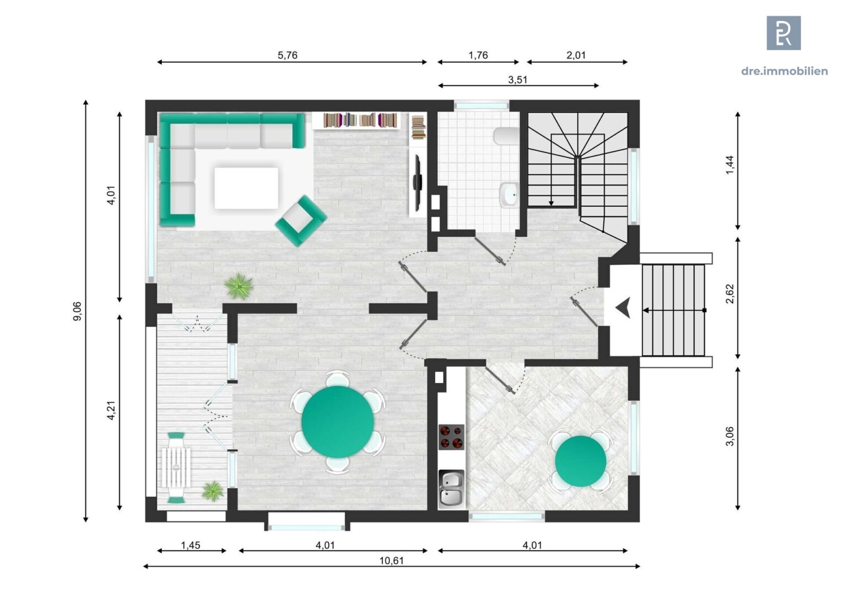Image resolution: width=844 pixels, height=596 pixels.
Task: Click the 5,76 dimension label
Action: coord(287,55)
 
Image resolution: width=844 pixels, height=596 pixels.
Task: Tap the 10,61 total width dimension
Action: coord(392,561)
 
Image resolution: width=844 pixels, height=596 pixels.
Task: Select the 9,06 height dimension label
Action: coord(77,311)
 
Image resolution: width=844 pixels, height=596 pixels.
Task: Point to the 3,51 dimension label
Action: coord(518,79)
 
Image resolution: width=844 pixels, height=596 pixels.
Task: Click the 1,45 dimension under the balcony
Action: coord(191,545)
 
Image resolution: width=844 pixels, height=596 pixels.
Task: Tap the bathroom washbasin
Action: coord(509,194)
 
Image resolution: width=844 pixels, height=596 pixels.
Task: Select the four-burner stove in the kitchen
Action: coord(451,437)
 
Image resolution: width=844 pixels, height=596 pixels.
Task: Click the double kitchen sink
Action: coord(452,488)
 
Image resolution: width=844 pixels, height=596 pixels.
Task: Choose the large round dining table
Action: coord(337,422)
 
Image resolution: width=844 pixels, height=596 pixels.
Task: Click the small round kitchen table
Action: coord(580,461)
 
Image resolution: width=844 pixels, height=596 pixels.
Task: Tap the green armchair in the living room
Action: coord(300,221)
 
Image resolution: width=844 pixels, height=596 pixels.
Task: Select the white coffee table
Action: coord(246,188)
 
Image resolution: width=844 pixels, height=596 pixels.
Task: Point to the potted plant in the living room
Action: coord(239,286)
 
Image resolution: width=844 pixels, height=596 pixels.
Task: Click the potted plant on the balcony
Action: coord(213,491)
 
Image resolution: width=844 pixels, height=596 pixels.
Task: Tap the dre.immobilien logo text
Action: coord(784,71)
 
